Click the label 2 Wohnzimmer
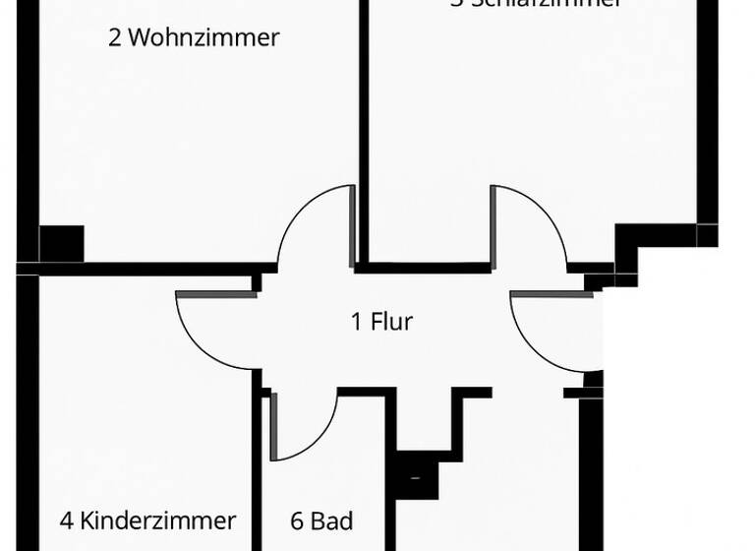pyautogui.click(x=194, y=38)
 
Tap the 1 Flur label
pyautogui.click(x=381, y=321)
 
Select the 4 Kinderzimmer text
pyautogui.click(x=147, y=520)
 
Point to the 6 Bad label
pyautogui.click(x=321, y=520)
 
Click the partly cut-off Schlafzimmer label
pyautogui.click(x=536, y=4)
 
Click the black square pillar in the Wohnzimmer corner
pyautogui.click(x=61, y=242)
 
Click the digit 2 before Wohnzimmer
pyautogui.click(x=115, y=38)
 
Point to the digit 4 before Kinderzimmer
pyautogui.click(x=66, y=520)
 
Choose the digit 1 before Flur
pyautogui.click(x=357, y=321)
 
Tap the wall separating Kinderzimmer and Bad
pyautogui.click(x=258, y=472)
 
